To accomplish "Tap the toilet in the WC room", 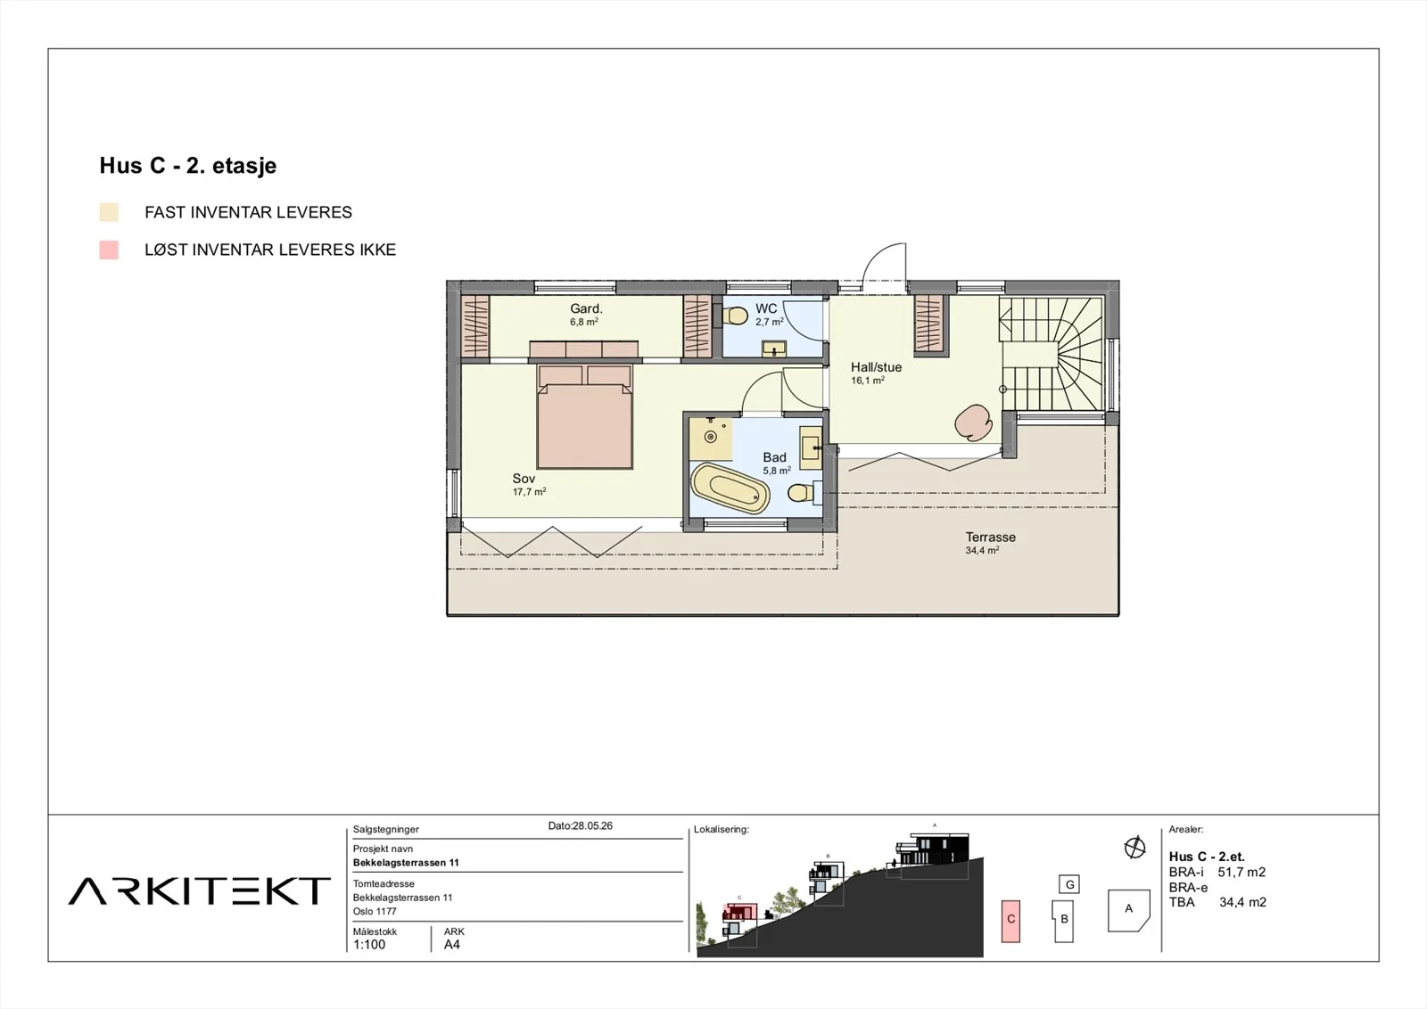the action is (736, 316).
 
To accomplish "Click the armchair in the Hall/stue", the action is (973, 422).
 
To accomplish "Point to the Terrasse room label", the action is (990, 537).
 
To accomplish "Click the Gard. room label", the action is (586, 308).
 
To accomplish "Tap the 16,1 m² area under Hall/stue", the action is (868, 380).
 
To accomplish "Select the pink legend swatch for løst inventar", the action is (109, 250).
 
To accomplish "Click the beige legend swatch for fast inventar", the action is (109, 212).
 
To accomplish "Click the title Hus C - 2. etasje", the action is (188, 166).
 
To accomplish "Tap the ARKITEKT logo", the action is (200, 890).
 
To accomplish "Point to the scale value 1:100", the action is (369, 945).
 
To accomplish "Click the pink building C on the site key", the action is (1010, 921).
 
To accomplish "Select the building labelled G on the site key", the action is (1069, 884).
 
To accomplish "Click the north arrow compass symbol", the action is (1134, 848).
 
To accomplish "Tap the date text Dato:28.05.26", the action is (581, 825).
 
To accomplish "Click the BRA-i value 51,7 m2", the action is (1241, 872).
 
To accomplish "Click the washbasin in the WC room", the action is (774, 349).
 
